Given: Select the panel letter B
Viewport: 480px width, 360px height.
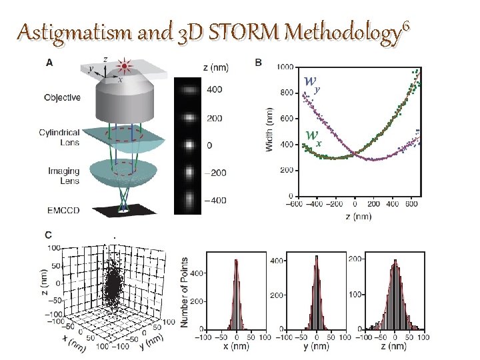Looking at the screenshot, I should tap(259, 63).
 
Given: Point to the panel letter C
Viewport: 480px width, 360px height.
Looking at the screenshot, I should tap(49, 234).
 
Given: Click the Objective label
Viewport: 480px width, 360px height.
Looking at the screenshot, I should tap(62, 97).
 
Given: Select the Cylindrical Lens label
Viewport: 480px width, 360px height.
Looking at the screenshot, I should tap(61, 137).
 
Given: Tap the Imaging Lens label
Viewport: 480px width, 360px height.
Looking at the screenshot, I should tap(63, 176).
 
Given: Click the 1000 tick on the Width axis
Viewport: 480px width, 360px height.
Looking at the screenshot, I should tap(285, 67).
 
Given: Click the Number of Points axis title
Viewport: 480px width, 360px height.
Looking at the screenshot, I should tap(184, 293).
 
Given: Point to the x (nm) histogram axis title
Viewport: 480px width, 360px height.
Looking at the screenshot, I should tap(237, 348).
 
